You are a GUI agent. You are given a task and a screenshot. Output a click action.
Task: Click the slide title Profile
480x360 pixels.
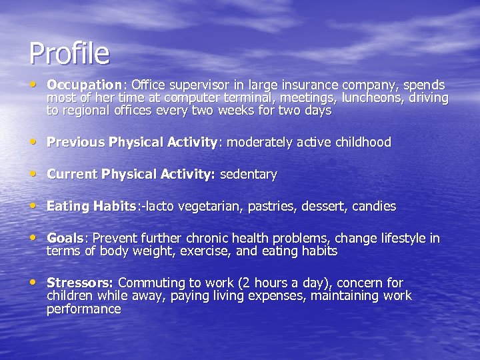(x=69, y=53)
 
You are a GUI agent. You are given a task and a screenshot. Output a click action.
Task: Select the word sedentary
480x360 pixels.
(x=248, y=175)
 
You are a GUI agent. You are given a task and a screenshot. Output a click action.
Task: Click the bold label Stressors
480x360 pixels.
(x=80, y=283)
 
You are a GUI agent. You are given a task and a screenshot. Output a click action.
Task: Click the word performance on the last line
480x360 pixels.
(x=83, y=309)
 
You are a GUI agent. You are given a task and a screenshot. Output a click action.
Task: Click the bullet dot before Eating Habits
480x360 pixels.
(x=34, y=205)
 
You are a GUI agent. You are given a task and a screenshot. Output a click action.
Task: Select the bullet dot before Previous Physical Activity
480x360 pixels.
(x=34, y=141)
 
